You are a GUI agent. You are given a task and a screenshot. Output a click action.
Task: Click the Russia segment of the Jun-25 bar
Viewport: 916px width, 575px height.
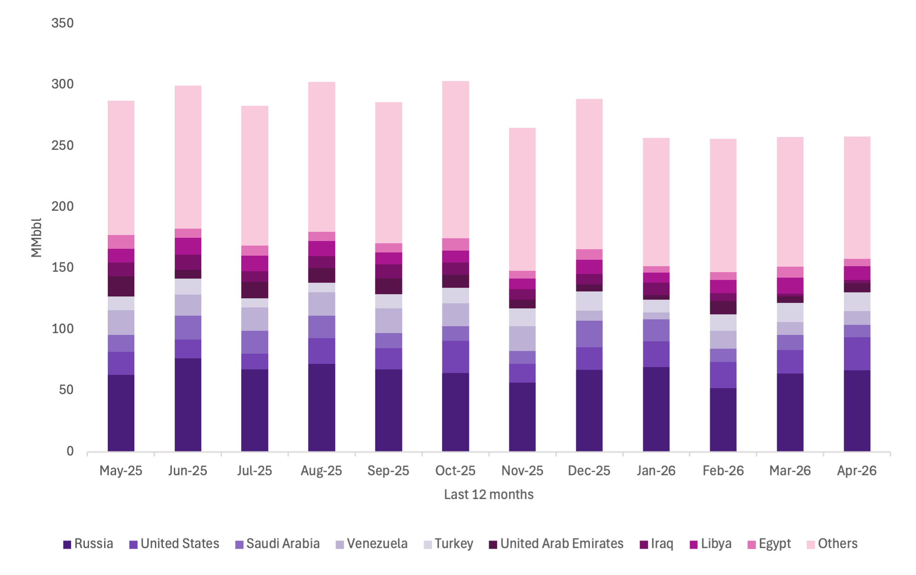(x=188, y=405)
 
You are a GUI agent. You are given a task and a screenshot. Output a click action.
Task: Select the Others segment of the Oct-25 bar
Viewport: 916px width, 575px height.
(x=455, y=159)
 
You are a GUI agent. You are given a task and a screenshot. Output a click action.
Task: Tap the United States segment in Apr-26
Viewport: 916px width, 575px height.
(x=857, y=354)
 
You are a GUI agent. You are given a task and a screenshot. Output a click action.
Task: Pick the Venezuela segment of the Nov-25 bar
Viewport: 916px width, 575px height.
(x=522, y=339)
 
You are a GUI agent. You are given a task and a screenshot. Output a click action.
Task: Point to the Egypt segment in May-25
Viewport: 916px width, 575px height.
(x=121, y=242)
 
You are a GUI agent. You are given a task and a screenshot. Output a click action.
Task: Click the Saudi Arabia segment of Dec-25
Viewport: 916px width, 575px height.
(x=589, y=334)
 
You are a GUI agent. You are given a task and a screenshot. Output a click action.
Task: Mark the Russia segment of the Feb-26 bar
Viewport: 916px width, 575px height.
(x=723, y=420)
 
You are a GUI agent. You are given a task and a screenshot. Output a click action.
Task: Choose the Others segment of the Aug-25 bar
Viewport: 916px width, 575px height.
(x=321, y=157)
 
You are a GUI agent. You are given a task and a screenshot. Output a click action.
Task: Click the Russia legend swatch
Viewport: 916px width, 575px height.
(x=67, y=545)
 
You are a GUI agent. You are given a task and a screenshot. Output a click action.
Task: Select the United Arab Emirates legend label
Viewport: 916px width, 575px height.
(x=562, y=544)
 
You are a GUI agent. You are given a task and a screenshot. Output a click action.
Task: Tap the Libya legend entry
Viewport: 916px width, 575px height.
(x=710, y=544)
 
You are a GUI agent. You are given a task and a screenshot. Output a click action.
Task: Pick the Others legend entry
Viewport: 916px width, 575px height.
(x=832, y=544)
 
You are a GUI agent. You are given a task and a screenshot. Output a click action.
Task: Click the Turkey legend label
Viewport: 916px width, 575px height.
(x=454, y=544)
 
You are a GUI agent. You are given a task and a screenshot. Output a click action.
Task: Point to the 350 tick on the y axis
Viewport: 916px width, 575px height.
(x=62, y=23)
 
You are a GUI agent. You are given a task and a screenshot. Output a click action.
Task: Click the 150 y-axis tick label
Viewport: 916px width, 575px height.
(x=62, y=268)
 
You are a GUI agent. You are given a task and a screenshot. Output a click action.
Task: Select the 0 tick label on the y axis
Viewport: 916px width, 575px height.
(x=70, y=451)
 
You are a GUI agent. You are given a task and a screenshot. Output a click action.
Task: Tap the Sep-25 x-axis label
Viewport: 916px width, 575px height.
(x=388, y=471)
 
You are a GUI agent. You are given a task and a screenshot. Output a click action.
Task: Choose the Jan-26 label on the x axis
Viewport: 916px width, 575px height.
(x=656, y=471)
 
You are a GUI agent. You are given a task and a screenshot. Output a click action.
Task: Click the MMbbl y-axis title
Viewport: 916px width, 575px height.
(x=36, y=237)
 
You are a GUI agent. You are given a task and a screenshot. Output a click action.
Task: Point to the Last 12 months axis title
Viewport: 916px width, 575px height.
(x=489, y=495)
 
